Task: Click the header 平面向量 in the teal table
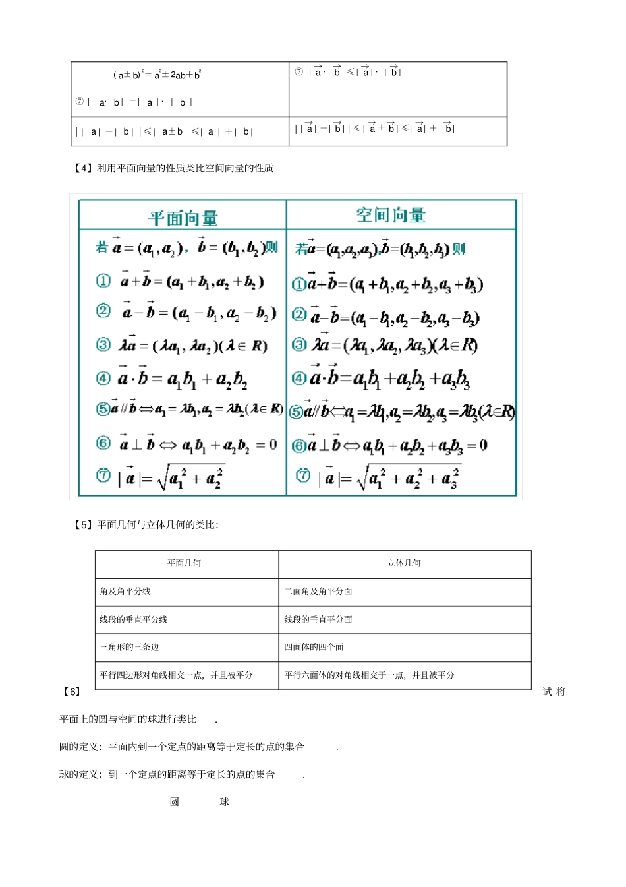[x=183, y=218]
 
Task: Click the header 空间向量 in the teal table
[x=391, y=215]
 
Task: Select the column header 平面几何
[x=184, y=563]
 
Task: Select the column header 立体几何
[x=404, y=563]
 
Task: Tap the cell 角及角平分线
[x=125, y=592]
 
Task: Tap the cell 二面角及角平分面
[x=318, y=592]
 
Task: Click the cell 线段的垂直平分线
[x=134, y=619]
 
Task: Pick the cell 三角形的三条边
[x=129, y=647]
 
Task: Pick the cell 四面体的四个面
[x=314, y=647]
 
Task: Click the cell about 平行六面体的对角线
[x=369, y=675]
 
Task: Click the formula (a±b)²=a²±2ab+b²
[x=157, y=75]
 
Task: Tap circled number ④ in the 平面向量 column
[x=103, y=378]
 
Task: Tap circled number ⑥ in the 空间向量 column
[x=299, y=446]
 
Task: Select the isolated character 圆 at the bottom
[x=174, y=802]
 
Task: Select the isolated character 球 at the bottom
[x=224, y=802]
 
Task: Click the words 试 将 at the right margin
[x=554, y=692]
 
